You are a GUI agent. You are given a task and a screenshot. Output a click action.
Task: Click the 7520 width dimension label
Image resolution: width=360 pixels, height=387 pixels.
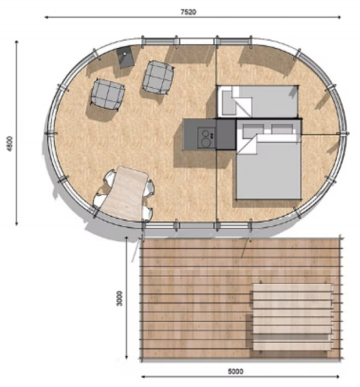point(189,12)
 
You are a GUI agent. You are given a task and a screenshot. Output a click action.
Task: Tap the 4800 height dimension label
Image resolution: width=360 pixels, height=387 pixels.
point(10,144)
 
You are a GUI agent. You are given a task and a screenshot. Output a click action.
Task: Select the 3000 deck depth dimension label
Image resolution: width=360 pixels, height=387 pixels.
point(119,298)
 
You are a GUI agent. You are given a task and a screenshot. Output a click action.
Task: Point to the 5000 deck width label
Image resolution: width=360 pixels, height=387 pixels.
point(235,371)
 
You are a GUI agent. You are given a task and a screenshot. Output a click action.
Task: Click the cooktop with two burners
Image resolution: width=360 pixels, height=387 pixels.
point(206,138)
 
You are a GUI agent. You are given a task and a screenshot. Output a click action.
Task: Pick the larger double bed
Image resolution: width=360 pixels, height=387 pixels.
point(269,159)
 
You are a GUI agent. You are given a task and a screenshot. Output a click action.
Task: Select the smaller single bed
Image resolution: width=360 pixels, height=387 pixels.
point(258,101)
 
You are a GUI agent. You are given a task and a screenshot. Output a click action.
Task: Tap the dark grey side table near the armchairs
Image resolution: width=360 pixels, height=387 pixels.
point(126,57)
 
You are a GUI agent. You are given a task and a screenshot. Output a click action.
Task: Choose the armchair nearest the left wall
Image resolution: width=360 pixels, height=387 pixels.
point(107,94)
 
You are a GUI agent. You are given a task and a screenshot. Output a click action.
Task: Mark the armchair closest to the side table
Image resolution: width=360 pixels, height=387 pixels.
point(158,77)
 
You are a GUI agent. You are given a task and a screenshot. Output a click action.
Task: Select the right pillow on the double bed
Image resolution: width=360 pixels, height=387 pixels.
point(282,129)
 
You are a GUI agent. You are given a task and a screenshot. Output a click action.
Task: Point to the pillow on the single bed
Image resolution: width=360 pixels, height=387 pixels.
point(228,103)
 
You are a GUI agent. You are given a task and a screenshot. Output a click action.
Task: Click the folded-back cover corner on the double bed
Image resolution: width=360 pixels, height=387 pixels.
point(247,144)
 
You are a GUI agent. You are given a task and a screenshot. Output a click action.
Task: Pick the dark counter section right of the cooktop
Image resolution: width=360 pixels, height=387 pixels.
point(225,135)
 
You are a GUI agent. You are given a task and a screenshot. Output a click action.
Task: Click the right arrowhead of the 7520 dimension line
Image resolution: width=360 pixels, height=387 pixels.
point(338,17)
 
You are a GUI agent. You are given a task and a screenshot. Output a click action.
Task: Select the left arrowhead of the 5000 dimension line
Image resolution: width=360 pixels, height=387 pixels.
point(143,376)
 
